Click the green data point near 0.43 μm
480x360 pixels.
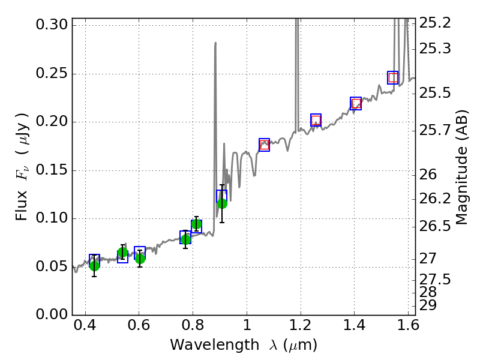coord(94,266)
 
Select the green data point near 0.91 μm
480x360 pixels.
coord(222,203)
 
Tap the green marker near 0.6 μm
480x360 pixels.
coord(140,259)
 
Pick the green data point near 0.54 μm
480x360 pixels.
coord(122,253)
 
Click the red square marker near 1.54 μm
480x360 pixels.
coord(393,77)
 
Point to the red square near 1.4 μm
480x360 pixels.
coord(356,104)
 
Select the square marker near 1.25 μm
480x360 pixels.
coord(316,120)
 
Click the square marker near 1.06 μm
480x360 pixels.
coord(264,145)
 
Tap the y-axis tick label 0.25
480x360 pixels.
coord(51,74)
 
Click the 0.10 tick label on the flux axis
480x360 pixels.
coord(51,218)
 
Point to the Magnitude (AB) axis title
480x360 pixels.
coord(461,167)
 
